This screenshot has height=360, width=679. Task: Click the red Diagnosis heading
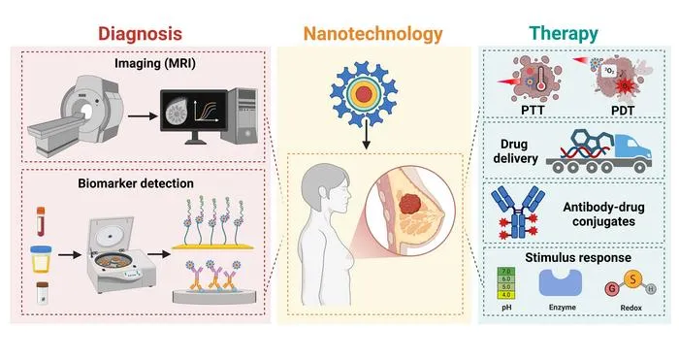(140, 34)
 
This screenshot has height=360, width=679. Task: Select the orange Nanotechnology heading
(372, 34)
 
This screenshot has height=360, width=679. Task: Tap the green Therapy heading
(564, 34)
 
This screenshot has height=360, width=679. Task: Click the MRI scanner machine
(76, 115)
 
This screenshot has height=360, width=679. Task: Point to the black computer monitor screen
(194, 111)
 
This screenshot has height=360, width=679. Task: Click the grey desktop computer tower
(240, 115)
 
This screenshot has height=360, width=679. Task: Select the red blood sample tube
(41, 221)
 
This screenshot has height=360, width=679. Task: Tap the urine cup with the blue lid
(41, 259)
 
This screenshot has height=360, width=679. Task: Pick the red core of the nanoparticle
(364, 94)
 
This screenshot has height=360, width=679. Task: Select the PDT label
(623, 111)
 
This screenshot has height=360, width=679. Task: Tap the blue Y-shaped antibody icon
(518, 213)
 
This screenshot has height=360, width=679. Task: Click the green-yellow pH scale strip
(506, 283)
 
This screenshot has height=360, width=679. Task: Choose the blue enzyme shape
(560, 282)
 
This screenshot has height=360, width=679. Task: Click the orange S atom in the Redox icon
(632, 279)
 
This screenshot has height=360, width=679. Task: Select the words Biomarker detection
(136, 183)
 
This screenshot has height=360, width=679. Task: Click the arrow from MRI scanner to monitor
(143, 116)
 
